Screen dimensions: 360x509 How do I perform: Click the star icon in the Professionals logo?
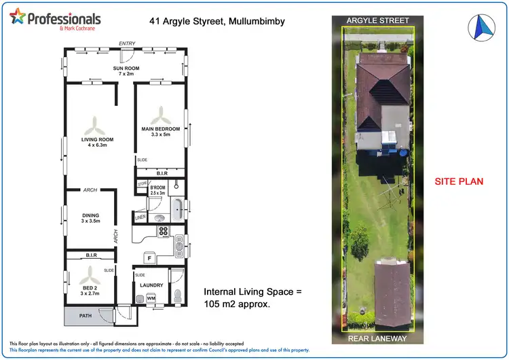point(18,16)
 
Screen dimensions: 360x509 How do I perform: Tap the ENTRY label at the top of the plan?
point(127,43)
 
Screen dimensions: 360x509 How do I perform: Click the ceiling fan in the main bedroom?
point(162,111)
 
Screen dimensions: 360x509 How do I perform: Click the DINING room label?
point(91,215)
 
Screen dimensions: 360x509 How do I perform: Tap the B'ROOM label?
point(157,187)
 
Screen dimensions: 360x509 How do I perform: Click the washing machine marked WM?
point(151,298)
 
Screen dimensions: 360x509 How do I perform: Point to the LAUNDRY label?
point(151,286)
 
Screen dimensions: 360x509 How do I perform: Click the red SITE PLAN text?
point(458,181)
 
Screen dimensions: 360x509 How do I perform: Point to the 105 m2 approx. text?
point(238,305)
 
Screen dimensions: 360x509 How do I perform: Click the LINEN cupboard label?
point(140,217)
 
